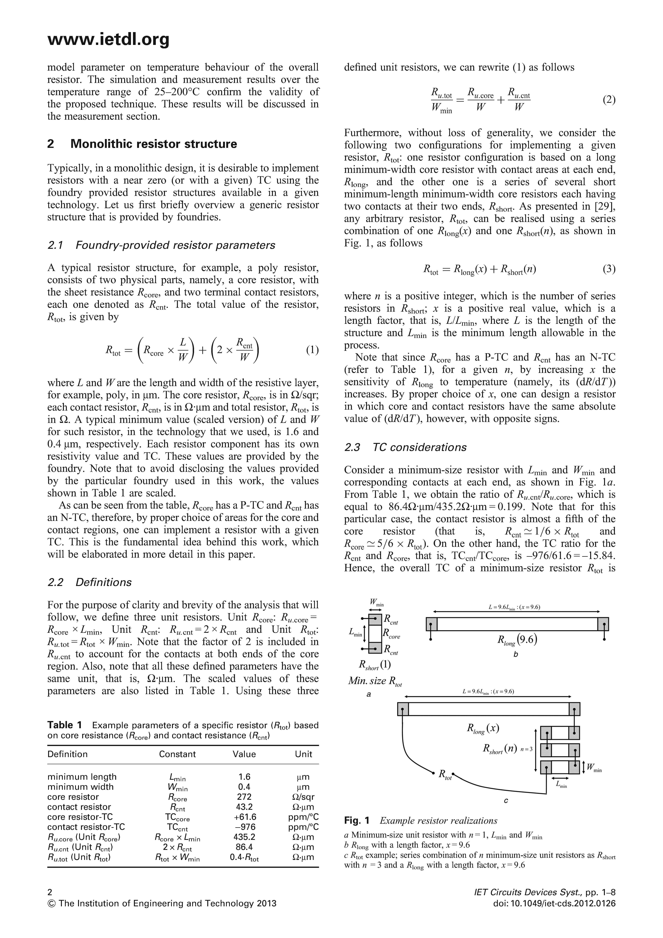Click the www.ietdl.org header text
pyautogui.click(x=108, y=40)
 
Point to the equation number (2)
pyautogui.click(x=609, y=100)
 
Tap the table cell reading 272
pyautogui.click(x=244, y=797)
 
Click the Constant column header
pyautogui.click(x=177, y=754)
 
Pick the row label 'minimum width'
pyautogui.click(x=80, y=787)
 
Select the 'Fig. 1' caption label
pyautogui.click(x=357, y=821)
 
